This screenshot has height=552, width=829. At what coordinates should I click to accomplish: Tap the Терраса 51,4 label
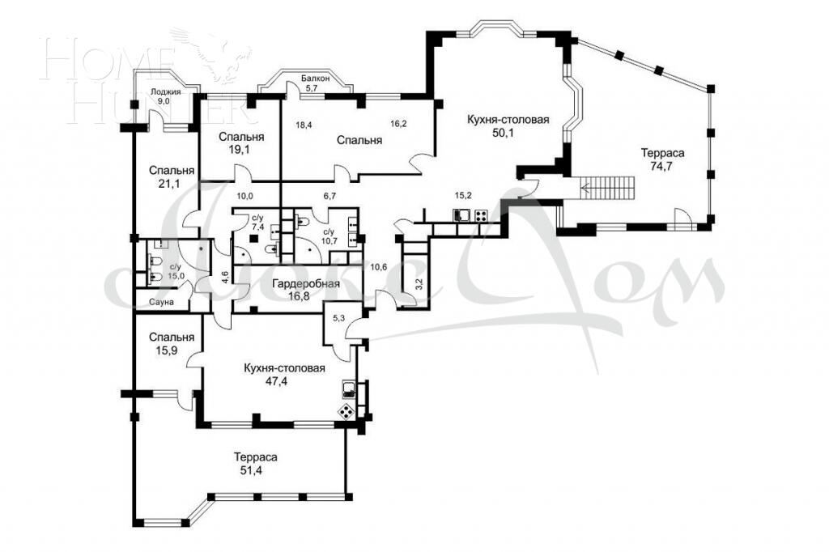point(253,462)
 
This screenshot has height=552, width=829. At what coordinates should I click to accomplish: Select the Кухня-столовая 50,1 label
point(508,126)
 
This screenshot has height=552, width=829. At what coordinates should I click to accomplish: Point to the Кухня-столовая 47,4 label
point(284,375)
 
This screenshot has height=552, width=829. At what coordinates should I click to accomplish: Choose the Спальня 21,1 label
point(171,177)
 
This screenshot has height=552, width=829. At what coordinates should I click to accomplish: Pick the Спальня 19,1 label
point(238,143)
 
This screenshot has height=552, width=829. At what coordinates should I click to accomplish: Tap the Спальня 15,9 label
point(171,344)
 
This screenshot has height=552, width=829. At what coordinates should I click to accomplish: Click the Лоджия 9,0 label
point(164,97)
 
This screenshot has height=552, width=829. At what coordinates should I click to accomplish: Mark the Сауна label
point(159,302)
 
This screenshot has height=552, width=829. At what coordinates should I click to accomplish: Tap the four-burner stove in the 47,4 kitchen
point(345,411)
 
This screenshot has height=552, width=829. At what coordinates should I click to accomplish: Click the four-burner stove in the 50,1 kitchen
point(480,216)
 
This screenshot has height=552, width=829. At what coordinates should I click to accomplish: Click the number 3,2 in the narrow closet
point(419,284)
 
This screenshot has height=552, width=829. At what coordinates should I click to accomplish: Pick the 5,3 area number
point(339,317)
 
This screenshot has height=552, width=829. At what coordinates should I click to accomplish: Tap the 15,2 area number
point(463,195)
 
